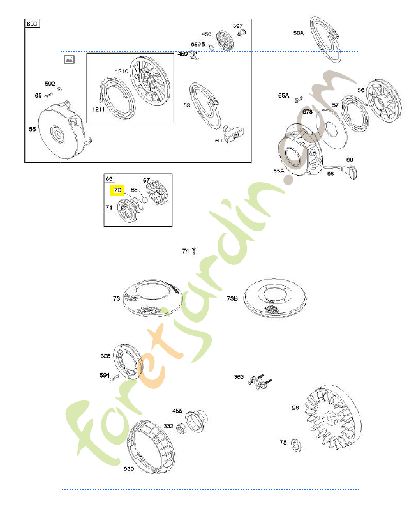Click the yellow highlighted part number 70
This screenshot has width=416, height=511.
pyautogui.click(x=117, y=190)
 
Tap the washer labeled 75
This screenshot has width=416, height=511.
pyautogui.click(x=296, y=443)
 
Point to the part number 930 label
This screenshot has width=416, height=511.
pyautogui.click(x=129, y=469)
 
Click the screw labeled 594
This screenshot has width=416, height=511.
pyautogui.click(x=115, y=377)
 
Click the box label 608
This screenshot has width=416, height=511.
pyautogui.click(x=32, y=24)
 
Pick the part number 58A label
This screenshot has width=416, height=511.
pyautogui.click(x=299, y=33)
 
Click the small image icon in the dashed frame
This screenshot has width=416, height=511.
pyautogui.click(x=70, y=59)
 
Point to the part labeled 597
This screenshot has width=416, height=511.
pyautogui.click(x=241, y=33)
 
